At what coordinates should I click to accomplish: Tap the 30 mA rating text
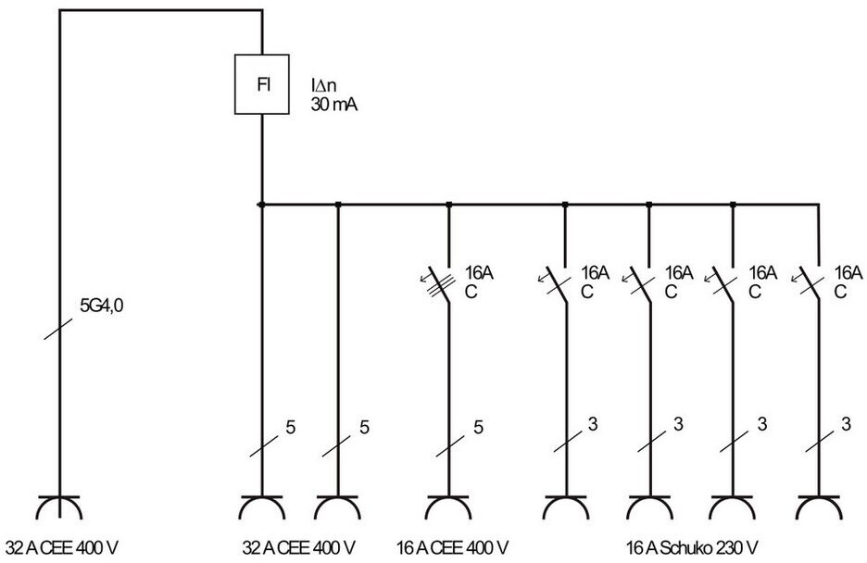tap(333, 104)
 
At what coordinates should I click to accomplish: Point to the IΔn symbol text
tap(323, 85)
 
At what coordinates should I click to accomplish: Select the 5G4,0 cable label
tap(101, 306)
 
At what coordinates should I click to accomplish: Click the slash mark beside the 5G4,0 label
tap(58, 329)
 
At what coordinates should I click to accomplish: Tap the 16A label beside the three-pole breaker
tap(479, 273)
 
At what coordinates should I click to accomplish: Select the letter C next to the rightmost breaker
tap(840, 292)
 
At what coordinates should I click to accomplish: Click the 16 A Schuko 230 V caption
tap(692, 548)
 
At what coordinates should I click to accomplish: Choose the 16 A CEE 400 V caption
tap(452, 548)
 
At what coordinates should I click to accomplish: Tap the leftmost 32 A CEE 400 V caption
tap(62, 548)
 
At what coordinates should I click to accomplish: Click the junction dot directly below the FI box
tap(261, 205)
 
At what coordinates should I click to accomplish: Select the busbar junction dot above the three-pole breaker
tap(448, 205)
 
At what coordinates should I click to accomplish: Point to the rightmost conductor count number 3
tap(846, 424)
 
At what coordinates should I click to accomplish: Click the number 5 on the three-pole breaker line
tap(479, 427)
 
